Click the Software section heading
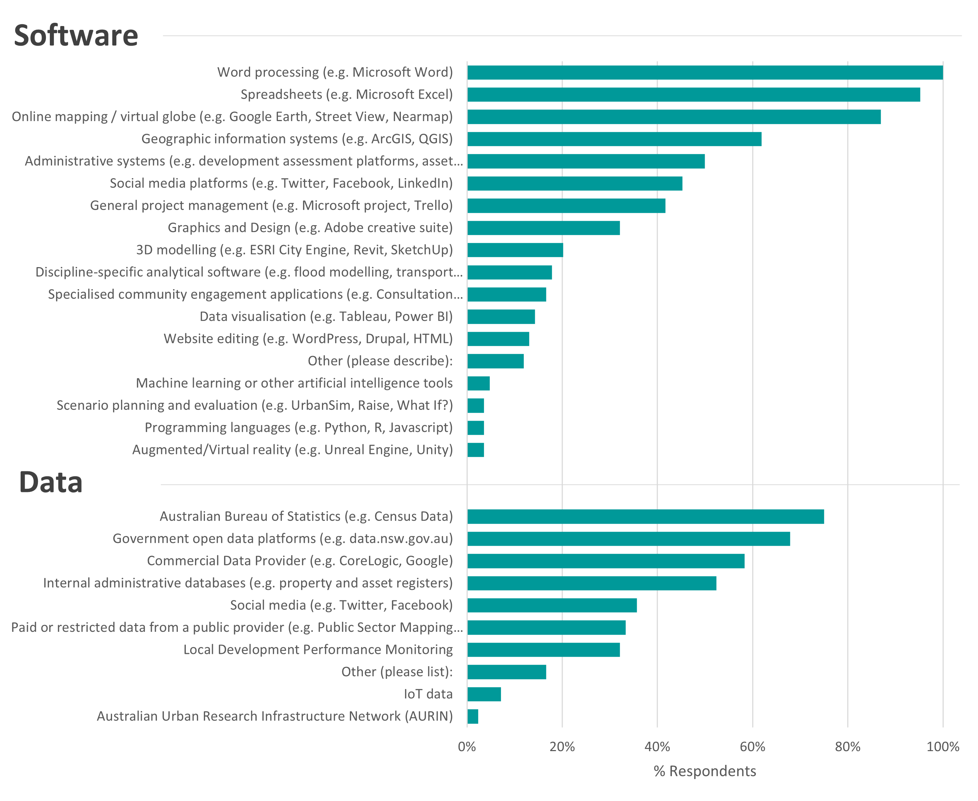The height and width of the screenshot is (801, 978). pos(76,35)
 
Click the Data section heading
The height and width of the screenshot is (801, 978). pos(51,483)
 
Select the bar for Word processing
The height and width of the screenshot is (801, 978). pos(705,72)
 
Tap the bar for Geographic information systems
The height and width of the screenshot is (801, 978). pos(614,139)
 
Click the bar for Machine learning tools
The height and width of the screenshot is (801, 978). pos(479,384)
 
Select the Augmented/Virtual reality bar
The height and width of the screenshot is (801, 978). pos(476,450)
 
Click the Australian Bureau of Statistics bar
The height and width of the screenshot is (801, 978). pos(646,517)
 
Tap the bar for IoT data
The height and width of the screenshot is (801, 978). pos(484,694)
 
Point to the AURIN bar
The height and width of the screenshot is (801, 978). pos(473,716)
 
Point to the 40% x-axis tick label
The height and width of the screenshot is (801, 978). pos(657,747)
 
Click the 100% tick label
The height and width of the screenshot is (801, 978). pos(943,747)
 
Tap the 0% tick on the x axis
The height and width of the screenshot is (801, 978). pos(467,747)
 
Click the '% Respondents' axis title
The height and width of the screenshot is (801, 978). pos(705,771)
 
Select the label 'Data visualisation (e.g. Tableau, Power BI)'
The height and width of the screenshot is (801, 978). pos(326,317)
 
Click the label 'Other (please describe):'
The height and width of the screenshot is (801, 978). pos(380,361)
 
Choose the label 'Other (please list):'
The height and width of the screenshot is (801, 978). pos(397,672)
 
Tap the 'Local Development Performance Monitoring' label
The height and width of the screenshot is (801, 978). pos(318,650)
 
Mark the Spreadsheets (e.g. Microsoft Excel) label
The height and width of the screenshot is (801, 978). pos(347,95)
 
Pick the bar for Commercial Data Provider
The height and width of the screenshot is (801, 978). pos(606,561)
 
